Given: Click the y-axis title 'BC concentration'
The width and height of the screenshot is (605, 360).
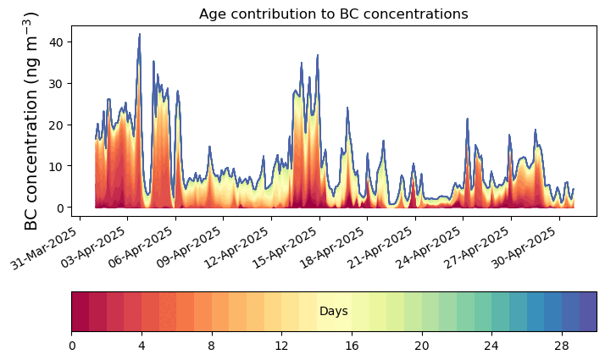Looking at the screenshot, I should click(31, 120).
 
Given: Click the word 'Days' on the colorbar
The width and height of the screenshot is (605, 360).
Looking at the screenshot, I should click(334, 312).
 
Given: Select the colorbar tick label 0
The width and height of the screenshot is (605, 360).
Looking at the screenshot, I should click(72, 346).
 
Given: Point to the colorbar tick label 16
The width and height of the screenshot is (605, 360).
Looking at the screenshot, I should click(352, 346).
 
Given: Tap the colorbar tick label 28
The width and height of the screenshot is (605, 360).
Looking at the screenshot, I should click(561, 346).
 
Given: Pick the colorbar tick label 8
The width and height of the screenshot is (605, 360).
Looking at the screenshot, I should click(212, 346).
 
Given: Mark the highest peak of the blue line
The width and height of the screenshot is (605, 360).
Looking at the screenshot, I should click(140, 35).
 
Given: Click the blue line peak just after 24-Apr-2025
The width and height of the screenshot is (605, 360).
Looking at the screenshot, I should click(467, 119).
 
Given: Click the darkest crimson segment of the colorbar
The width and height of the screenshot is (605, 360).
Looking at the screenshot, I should click(80, 312).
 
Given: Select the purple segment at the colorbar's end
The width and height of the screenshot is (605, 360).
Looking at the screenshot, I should click(587, 312).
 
